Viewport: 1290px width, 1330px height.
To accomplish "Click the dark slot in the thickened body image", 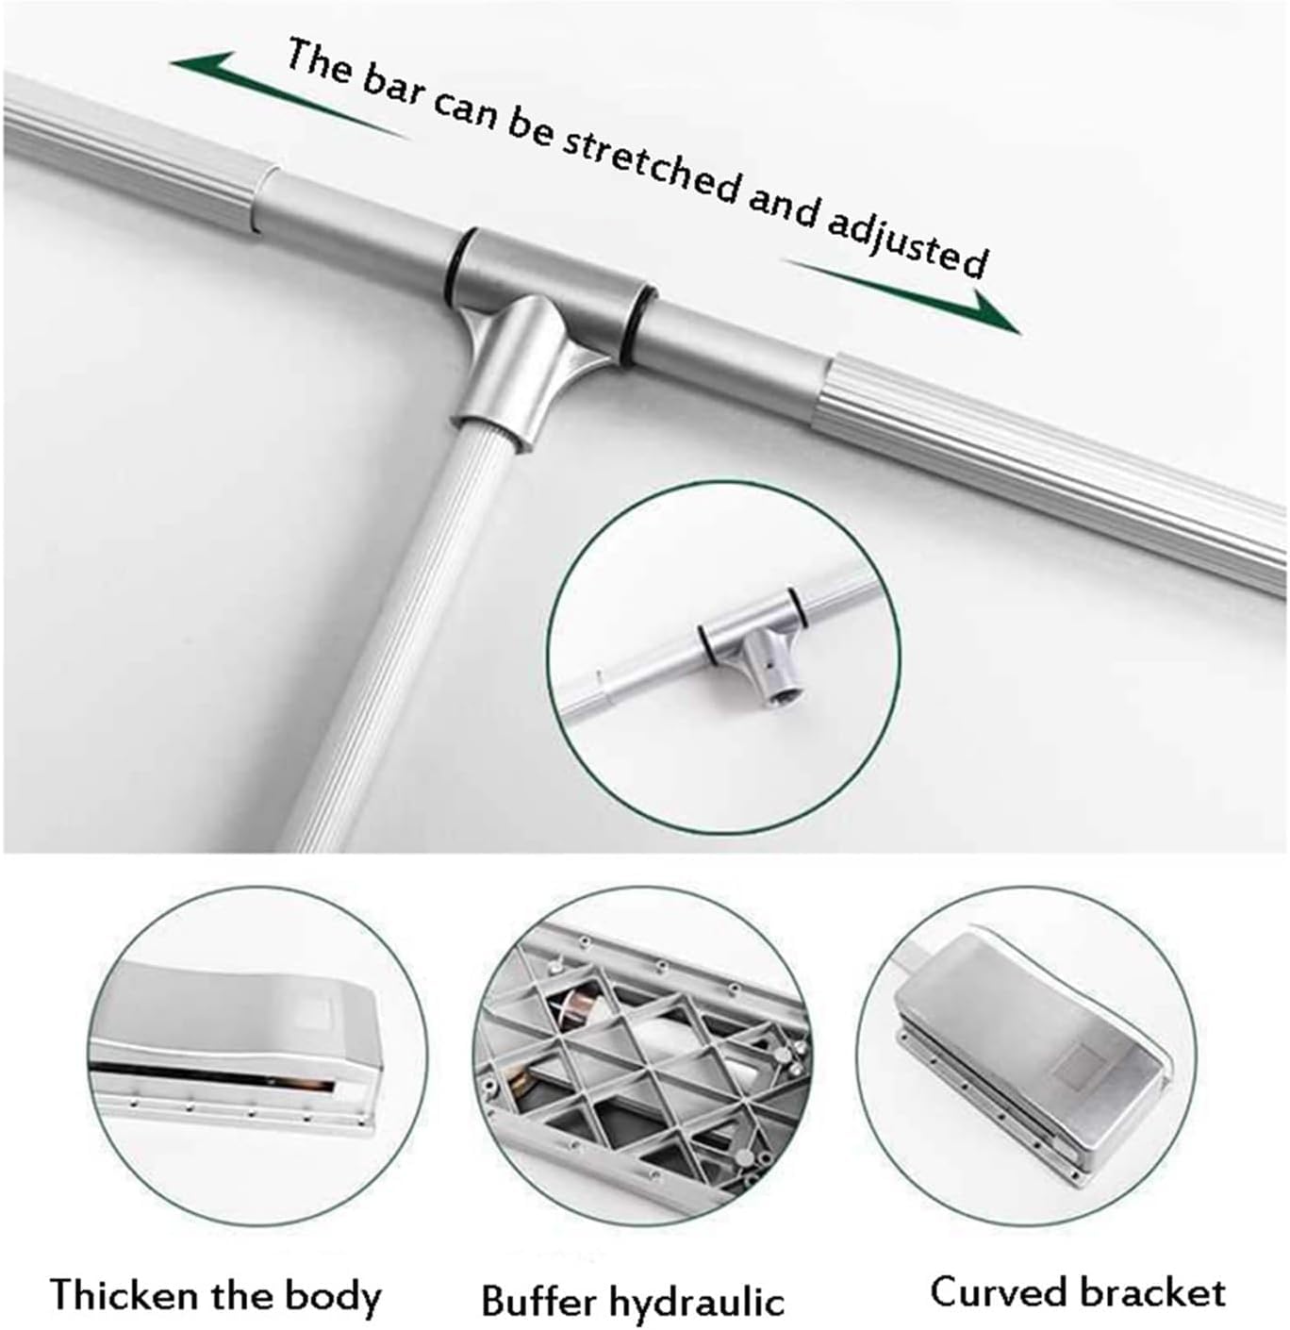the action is click(x=212, y=1074).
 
